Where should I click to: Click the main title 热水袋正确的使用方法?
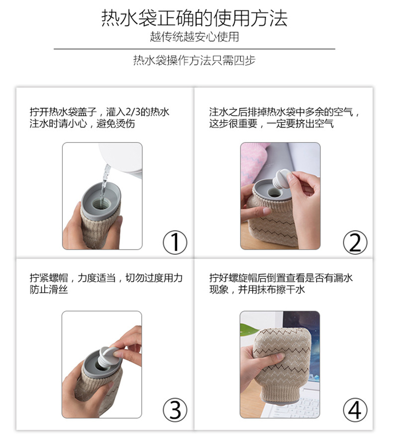[195, 18]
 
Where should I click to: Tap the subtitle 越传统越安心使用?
[195, 37]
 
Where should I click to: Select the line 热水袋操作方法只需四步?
[195, 60]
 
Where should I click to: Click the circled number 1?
[175, 242]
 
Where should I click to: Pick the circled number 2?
[355, 242]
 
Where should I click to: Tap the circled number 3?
[175, 410]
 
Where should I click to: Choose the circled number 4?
[355, 410]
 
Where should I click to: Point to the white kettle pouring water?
[121, 158]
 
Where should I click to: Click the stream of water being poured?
[106, 178]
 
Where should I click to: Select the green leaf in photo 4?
[248, 329]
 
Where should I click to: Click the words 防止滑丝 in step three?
[49, 289]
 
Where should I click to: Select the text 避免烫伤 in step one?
[115, 124]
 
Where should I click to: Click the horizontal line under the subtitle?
[195, 49]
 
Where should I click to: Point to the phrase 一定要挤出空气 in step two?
[300, 124]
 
